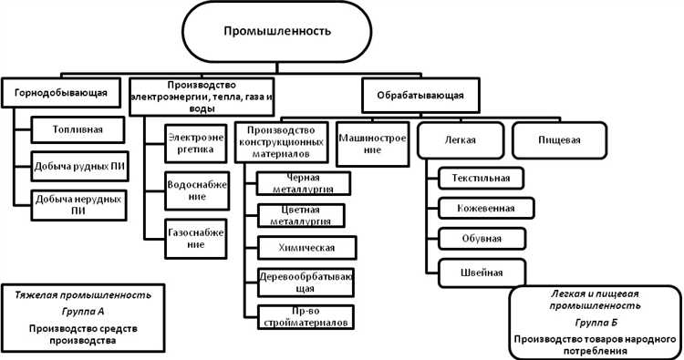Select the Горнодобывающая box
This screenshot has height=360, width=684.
(61, 91)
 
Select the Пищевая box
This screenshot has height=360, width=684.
(559, 139)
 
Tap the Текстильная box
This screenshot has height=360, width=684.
(482, 176)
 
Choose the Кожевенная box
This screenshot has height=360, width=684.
(482, 208)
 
